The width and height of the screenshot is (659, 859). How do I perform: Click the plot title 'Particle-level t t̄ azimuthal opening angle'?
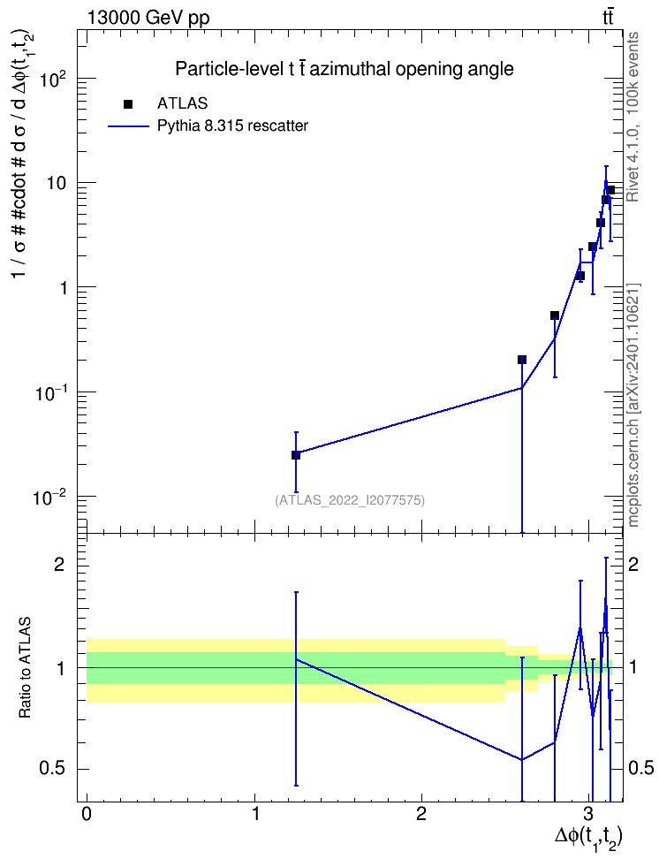pyautogui.click(x=344, y=69)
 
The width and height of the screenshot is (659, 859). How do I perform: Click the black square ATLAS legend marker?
pyautogui.click(x=128, y=103)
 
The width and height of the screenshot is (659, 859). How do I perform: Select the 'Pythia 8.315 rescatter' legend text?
pyautogui.click(x=233, y=126)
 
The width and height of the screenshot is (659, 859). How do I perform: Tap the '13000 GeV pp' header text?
pyautogui.click(x=148, y=18)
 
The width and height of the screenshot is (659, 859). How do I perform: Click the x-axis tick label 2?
pyautogui.click(x=421, y=814)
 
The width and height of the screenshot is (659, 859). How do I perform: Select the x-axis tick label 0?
pyautogui.click(x=87, y=814)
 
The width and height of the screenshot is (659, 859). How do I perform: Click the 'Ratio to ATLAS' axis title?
pyautogui.click(x=24, y=668)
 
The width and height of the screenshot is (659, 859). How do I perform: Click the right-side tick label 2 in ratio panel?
pyautogui.click(x=633, y=565)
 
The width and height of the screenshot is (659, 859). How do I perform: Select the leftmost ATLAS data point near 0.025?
pyautogui.click(x=296, y=455)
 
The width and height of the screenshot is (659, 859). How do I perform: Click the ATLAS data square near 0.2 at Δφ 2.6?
pyautogui.click(x=521, y=360)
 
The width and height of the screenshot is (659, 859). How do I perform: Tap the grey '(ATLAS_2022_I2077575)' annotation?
pyautogui.click(x=350, y=499)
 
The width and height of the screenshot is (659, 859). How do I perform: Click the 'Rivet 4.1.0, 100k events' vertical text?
pyautogui.click(x=632, y=117)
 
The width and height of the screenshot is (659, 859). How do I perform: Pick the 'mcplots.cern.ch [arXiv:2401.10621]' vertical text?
pyautogui.click(x=633, y=405)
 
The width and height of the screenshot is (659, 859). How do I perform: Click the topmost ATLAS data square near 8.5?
pyautogui.click(x=610, y=190)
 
